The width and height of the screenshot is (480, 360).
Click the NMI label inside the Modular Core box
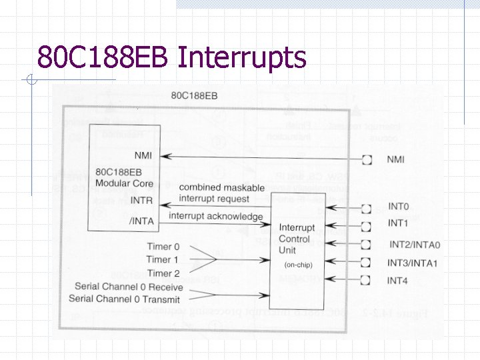(x=143, y=155)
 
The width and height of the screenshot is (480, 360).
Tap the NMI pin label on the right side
(x=395, y=159)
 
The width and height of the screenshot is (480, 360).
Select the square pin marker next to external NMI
(x=367, y=160)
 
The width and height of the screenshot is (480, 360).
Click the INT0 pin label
(x=398, y=208)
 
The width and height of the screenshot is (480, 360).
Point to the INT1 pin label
(x=398, y=223)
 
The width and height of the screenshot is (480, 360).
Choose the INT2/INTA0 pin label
(x=414, y=245)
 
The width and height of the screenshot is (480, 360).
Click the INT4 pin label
(x=398, y=281)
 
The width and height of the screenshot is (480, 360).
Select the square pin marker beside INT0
(x=367, y=209)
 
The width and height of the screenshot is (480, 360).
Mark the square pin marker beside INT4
(x=367, y=280)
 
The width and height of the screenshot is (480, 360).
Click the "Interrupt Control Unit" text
(x=297, y=239)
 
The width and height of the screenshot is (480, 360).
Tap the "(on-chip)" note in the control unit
(x=298, y=265)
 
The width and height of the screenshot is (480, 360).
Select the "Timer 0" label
(x=163, y=247)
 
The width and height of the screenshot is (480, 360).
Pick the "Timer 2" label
(x=163, y=273)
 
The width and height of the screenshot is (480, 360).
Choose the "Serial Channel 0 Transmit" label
(x=125, y=299)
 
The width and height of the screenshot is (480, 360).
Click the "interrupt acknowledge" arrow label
(x=216, y=216)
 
